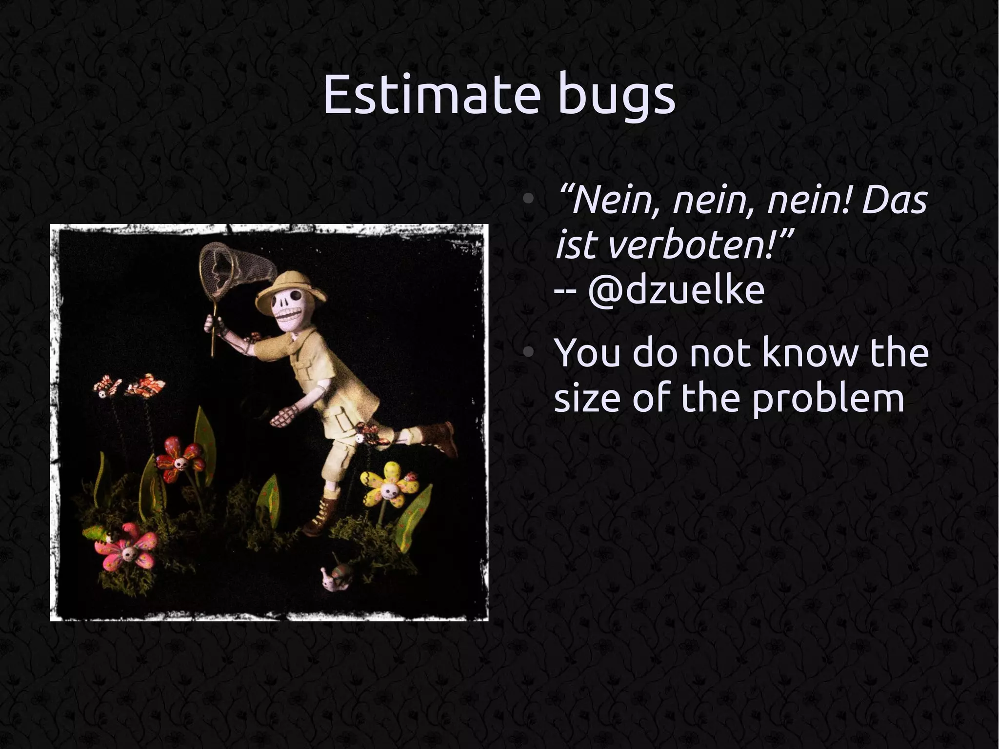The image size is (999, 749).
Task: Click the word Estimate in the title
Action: pos(432,95)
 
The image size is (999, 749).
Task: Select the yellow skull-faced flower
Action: pos(388,486)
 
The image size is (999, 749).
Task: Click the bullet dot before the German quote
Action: pos(527,200)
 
